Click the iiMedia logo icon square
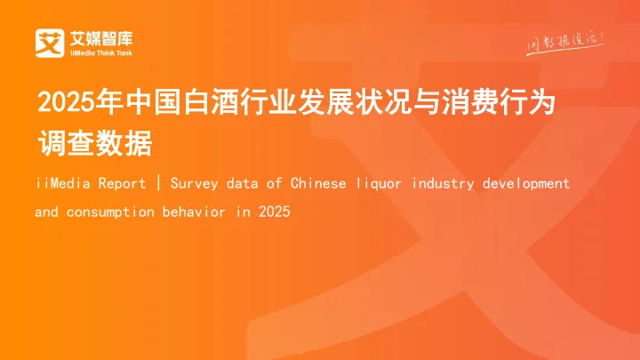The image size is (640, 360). pyautogui.click(x=48, y=42)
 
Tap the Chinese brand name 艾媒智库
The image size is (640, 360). pyautogui.click(x=100, y=36)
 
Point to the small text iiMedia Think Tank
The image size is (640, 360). pyautogui.click(x=100, y=52)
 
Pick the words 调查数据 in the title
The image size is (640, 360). pyautogui.click(x=95, y=143)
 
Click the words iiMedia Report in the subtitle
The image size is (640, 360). pyautogui.click(x=91, y=184)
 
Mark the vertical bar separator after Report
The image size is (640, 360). pyautogui.click(x=158, y=184)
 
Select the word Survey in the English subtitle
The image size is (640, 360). pyautogui.click(x=192, y=184)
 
